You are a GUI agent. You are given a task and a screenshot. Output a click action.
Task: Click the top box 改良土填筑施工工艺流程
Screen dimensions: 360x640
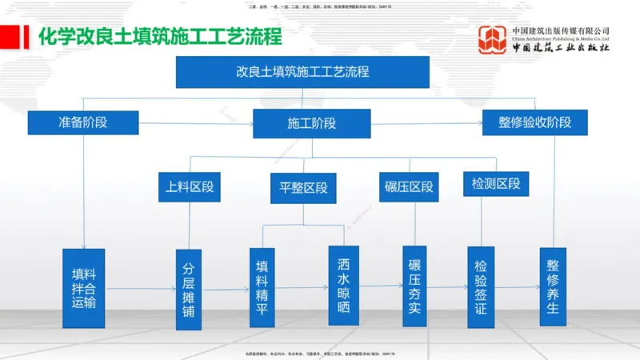point(302,71)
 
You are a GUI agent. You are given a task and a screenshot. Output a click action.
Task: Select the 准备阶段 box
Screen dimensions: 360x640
point(83,122)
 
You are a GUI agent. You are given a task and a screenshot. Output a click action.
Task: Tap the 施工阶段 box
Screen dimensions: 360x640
point(311,123)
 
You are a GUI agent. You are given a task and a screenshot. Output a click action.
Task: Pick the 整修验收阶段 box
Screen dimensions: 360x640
point(535,122)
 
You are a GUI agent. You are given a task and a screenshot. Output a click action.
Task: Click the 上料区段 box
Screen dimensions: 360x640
point(189,187)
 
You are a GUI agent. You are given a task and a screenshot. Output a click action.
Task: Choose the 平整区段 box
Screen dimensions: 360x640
point(303,188)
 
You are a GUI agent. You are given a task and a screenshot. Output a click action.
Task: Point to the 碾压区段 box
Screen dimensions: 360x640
point(409,187)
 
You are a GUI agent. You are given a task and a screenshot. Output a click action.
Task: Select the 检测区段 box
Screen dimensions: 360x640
point(496,184)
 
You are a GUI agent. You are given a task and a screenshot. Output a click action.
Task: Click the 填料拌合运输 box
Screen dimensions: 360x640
point(83,286)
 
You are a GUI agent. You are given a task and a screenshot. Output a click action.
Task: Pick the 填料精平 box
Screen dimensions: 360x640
point(261,286)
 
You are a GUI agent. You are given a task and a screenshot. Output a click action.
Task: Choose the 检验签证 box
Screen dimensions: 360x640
point(481,286)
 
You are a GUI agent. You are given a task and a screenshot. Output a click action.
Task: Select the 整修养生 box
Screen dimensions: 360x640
point(552,286)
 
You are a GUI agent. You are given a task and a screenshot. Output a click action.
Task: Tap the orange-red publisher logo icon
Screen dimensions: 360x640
point(492,40)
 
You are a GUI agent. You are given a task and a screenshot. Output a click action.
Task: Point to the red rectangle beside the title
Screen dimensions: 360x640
point(10,36)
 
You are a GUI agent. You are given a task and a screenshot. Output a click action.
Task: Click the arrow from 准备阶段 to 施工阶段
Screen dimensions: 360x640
point(196,123)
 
